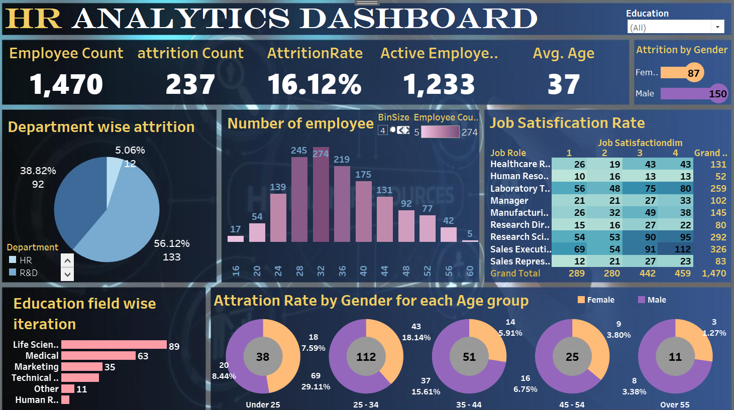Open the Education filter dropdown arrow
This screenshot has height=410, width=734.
(x=717, y=27)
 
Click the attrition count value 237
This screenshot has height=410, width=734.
(x=190, y=84)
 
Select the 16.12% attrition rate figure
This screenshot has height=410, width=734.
(x=314, y=84)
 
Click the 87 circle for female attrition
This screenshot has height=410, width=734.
(x=694, y=73)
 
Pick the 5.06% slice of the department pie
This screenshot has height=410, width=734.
(x=115, y=176)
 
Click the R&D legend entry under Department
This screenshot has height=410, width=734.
(x=28, y=273)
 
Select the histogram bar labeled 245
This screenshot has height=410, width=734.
(x=299, y=200)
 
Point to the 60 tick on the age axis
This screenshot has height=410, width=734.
(x=470, y=271)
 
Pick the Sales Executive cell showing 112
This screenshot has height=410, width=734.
(x=675, y=249)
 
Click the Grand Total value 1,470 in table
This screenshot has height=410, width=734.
(x=714, y=274)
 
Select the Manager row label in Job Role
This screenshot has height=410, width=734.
(x=509, y=201)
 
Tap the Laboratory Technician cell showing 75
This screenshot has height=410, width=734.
(x=640, y=189)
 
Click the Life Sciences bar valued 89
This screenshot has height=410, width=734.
(x=114, y=345)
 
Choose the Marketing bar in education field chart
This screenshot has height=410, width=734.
(x=82, y=367)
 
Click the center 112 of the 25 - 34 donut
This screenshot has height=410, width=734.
(x=366, y=357)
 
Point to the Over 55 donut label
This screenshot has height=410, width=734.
(x=675, y=404)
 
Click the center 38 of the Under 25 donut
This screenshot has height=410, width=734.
(x=263, y=357)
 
